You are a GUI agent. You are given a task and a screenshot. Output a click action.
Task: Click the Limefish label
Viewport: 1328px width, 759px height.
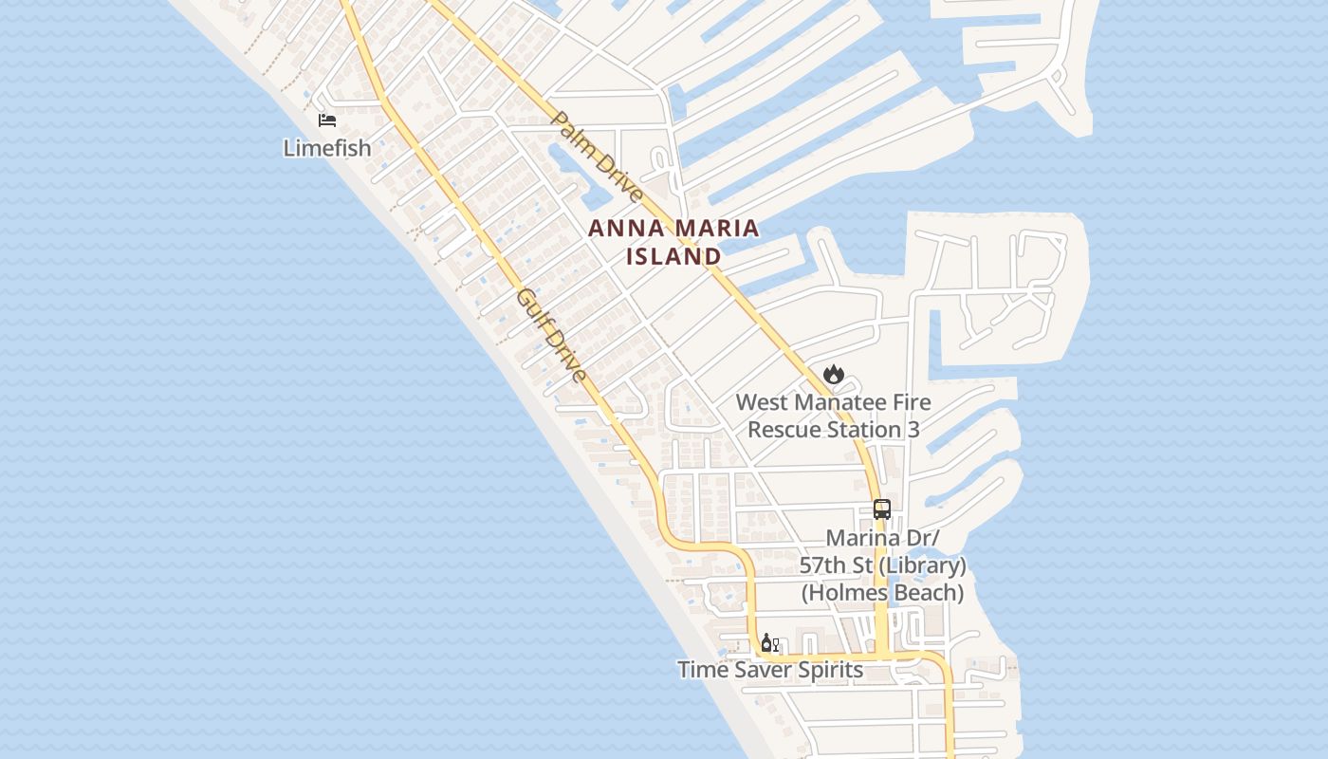pos(327,148)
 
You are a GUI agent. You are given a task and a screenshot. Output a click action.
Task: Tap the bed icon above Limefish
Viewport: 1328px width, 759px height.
pos(327,120)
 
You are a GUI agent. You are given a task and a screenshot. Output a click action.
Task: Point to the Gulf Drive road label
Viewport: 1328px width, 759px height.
pos(551,337)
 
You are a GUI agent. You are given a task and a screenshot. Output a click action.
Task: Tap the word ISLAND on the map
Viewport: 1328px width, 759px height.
pos(673,256)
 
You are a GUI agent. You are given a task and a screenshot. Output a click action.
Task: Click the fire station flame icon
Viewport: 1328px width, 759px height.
pos(834,374)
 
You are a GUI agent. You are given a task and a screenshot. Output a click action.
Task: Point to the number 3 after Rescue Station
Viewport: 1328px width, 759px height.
pos(913,430)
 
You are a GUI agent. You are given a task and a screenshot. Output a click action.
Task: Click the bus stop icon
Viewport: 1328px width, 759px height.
pos(882,509)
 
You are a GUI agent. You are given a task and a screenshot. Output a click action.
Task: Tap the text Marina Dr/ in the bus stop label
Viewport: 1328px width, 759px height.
pos(882,538)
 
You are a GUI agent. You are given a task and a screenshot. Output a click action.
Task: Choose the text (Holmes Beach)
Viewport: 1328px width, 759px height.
pos(882,593)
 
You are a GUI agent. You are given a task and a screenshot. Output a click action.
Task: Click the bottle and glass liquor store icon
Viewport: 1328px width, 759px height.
pos(769,644)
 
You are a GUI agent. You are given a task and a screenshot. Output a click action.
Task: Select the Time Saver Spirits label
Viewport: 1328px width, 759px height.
pos(770,670)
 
